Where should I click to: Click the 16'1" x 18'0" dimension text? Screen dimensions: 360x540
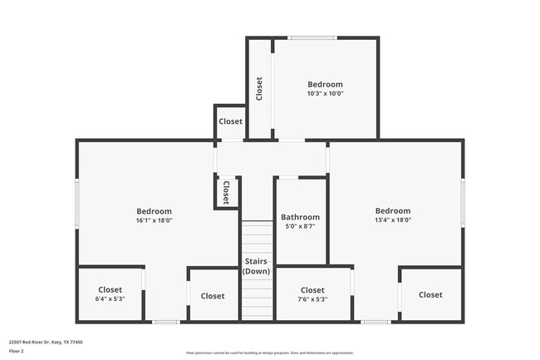click(155, 220)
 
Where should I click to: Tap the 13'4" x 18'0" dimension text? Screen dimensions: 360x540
click(393, 220)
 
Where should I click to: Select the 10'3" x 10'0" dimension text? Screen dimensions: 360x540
click(325, 94)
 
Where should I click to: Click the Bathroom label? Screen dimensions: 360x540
click(300, 217)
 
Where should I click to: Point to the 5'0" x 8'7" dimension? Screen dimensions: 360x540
click(300, 226)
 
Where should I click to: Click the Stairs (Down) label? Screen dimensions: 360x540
click(256, 266)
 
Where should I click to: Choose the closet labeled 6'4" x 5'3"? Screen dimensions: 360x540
click(110, 294)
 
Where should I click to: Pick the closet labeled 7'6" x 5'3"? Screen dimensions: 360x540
click(312, 294)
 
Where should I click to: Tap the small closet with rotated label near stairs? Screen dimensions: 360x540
click(225, 192)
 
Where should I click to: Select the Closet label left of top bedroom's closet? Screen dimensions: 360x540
click(230, 121)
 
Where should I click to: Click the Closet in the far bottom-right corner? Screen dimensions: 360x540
click(430, 294)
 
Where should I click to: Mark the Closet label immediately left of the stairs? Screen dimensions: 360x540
click(212, 296)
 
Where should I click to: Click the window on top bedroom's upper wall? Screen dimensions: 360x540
click(312, 37)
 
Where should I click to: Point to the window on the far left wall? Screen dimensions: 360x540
click(78, 203)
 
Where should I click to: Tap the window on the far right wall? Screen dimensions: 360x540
click(463, 203)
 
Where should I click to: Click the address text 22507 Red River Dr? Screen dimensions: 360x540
click(46, 342)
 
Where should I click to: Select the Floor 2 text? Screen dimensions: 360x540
click(17, 351)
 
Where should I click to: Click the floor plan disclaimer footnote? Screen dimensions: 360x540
click(269, 353)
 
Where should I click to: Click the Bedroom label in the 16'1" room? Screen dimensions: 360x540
click(155, 211)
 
